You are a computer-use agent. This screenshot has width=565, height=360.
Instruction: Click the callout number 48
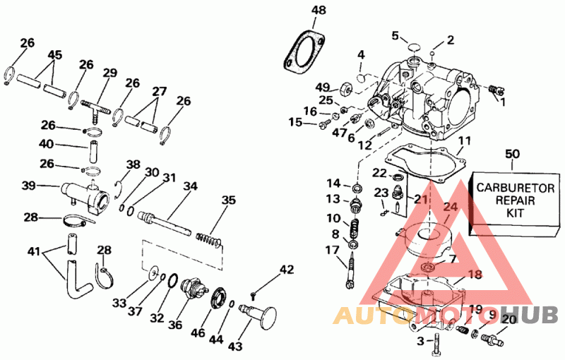pyautogui.click(x=319, y=10)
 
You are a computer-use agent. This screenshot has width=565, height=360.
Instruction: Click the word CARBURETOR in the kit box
pyautogui.click(x=512, y=188)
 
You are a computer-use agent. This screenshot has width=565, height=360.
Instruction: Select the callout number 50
pyautogui.click(x=513, y=153)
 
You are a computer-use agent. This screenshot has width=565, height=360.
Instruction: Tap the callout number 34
pyautogui.click(x=189, y=186)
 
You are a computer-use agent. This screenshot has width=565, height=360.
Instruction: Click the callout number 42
pyautogui.click(x=285, y=269)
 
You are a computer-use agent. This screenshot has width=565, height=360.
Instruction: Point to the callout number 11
pyautogui.click(x=463, y=142)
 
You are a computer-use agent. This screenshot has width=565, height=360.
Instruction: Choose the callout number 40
pyautogui.click(x=46, y=144)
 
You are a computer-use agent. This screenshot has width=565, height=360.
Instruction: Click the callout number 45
pyautogui.click(x=54, y=54)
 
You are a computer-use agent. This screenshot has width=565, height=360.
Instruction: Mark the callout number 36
pyautogui.click(x=175, y=325)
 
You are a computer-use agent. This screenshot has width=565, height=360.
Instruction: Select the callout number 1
pyautogui.click(x=503, y=102)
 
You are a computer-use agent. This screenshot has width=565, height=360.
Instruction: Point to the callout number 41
pyautogui.click(x=34, y=251)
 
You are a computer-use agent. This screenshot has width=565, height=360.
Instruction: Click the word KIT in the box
pyautogui.click(x=512, y=215)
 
